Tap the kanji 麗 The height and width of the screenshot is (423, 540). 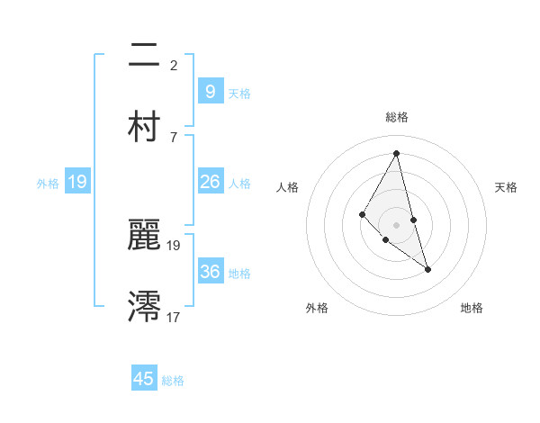(144, 237)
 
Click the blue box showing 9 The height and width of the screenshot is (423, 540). (210, 91)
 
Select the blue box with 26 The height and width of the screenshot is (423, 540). (210, 182)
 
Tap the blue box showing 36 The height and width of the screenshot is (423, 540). (210, 272)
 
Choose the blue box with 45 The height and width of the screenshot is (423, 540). (144, 379)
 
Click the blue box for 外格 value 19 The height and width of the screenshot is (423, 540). (77, 182)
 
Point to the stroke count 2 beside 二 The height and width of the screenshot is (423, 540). (174, 66)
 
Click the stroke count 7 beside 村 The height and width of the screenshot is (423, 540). (174, 137)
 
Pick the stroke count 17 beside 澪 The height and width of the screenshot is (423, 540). (173, 317)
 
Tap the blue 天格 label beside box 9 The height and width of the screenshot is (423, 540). (239, 93)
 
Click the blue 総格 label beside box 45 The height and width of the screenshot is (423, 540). (173, 381)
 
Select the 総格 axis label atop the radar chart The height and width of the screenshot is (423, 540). (396, 117)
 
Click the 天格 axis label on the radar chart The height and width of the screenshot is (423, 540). (506, 187)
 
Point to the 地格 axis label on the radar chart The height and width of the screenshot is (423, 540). (472, 309)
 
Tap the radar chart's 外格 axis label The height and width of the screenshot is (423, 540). (317, 309)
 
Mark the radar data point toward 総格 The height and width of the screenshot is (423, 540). (396, 152)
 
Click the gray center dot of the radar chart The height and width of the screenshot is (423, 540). (396, 224)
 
